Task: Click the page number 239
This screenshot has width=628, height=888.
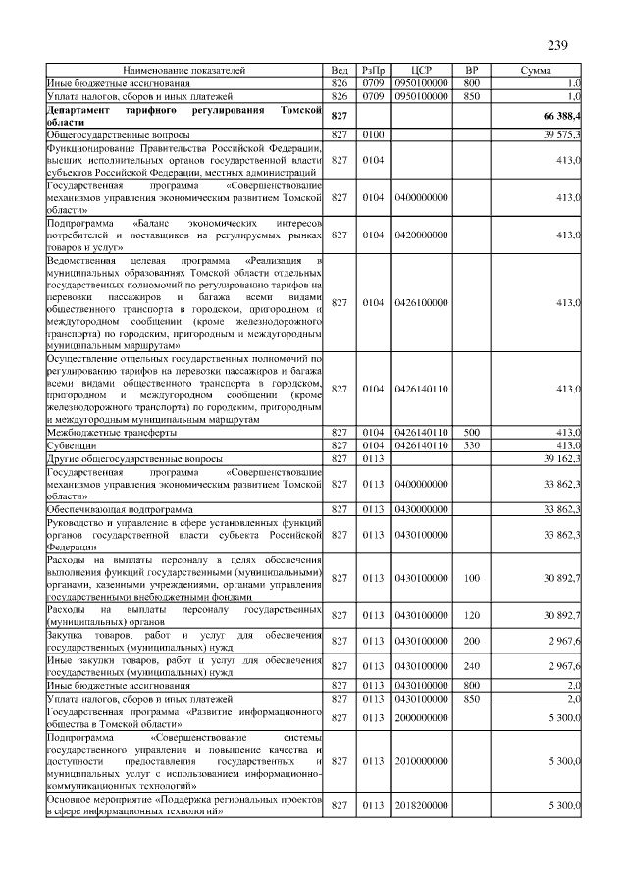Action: pos(557,45)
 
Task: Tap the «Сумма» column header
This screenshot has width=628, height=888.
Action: pos(536,72)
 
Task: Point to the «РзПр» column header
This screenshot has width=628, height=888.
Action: pos(374,72)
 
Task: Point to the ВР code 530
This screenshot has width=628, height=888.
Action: pos(471,445)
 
